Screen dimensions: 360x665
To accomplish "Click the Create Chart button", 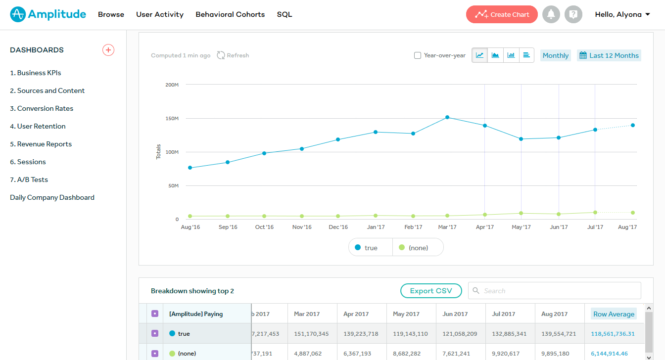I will [502, 14].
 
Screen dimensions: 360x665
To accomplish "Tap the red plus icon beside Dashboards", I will [108, 50].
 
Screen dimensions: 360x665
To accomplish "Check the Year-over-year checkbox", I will [418, 55].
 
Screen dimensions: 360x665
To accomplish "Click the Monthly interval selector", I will [555, 55].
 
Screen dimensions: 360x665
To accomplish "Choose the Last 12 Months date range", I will [609, 55].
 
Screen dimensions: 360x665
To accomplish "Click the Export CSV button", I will [431, 291].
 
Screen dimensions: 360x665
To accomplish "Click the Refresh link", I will [233, 55].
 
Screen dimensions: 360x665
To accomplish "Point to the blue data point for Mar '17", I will [447, 117].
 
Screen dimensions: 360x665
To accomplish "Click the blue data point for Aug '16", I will [190, 168].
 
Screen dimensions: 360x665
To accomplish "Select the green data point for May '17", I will [521, 213].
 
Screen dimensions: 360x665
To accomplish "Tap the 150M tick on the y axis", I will [172, 119].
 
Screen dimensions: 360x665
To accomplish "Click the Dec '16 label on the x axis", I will [338, 227].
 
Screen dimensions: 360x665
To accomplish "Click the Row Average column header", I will [614, 314].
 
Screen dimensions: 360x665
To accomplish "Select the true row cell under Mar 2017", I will [311, 334].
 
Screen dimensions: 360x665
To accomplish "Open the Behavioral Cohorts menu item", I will [230, 14].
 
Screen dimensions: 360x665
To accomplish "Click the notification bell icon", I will [551, 14].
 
